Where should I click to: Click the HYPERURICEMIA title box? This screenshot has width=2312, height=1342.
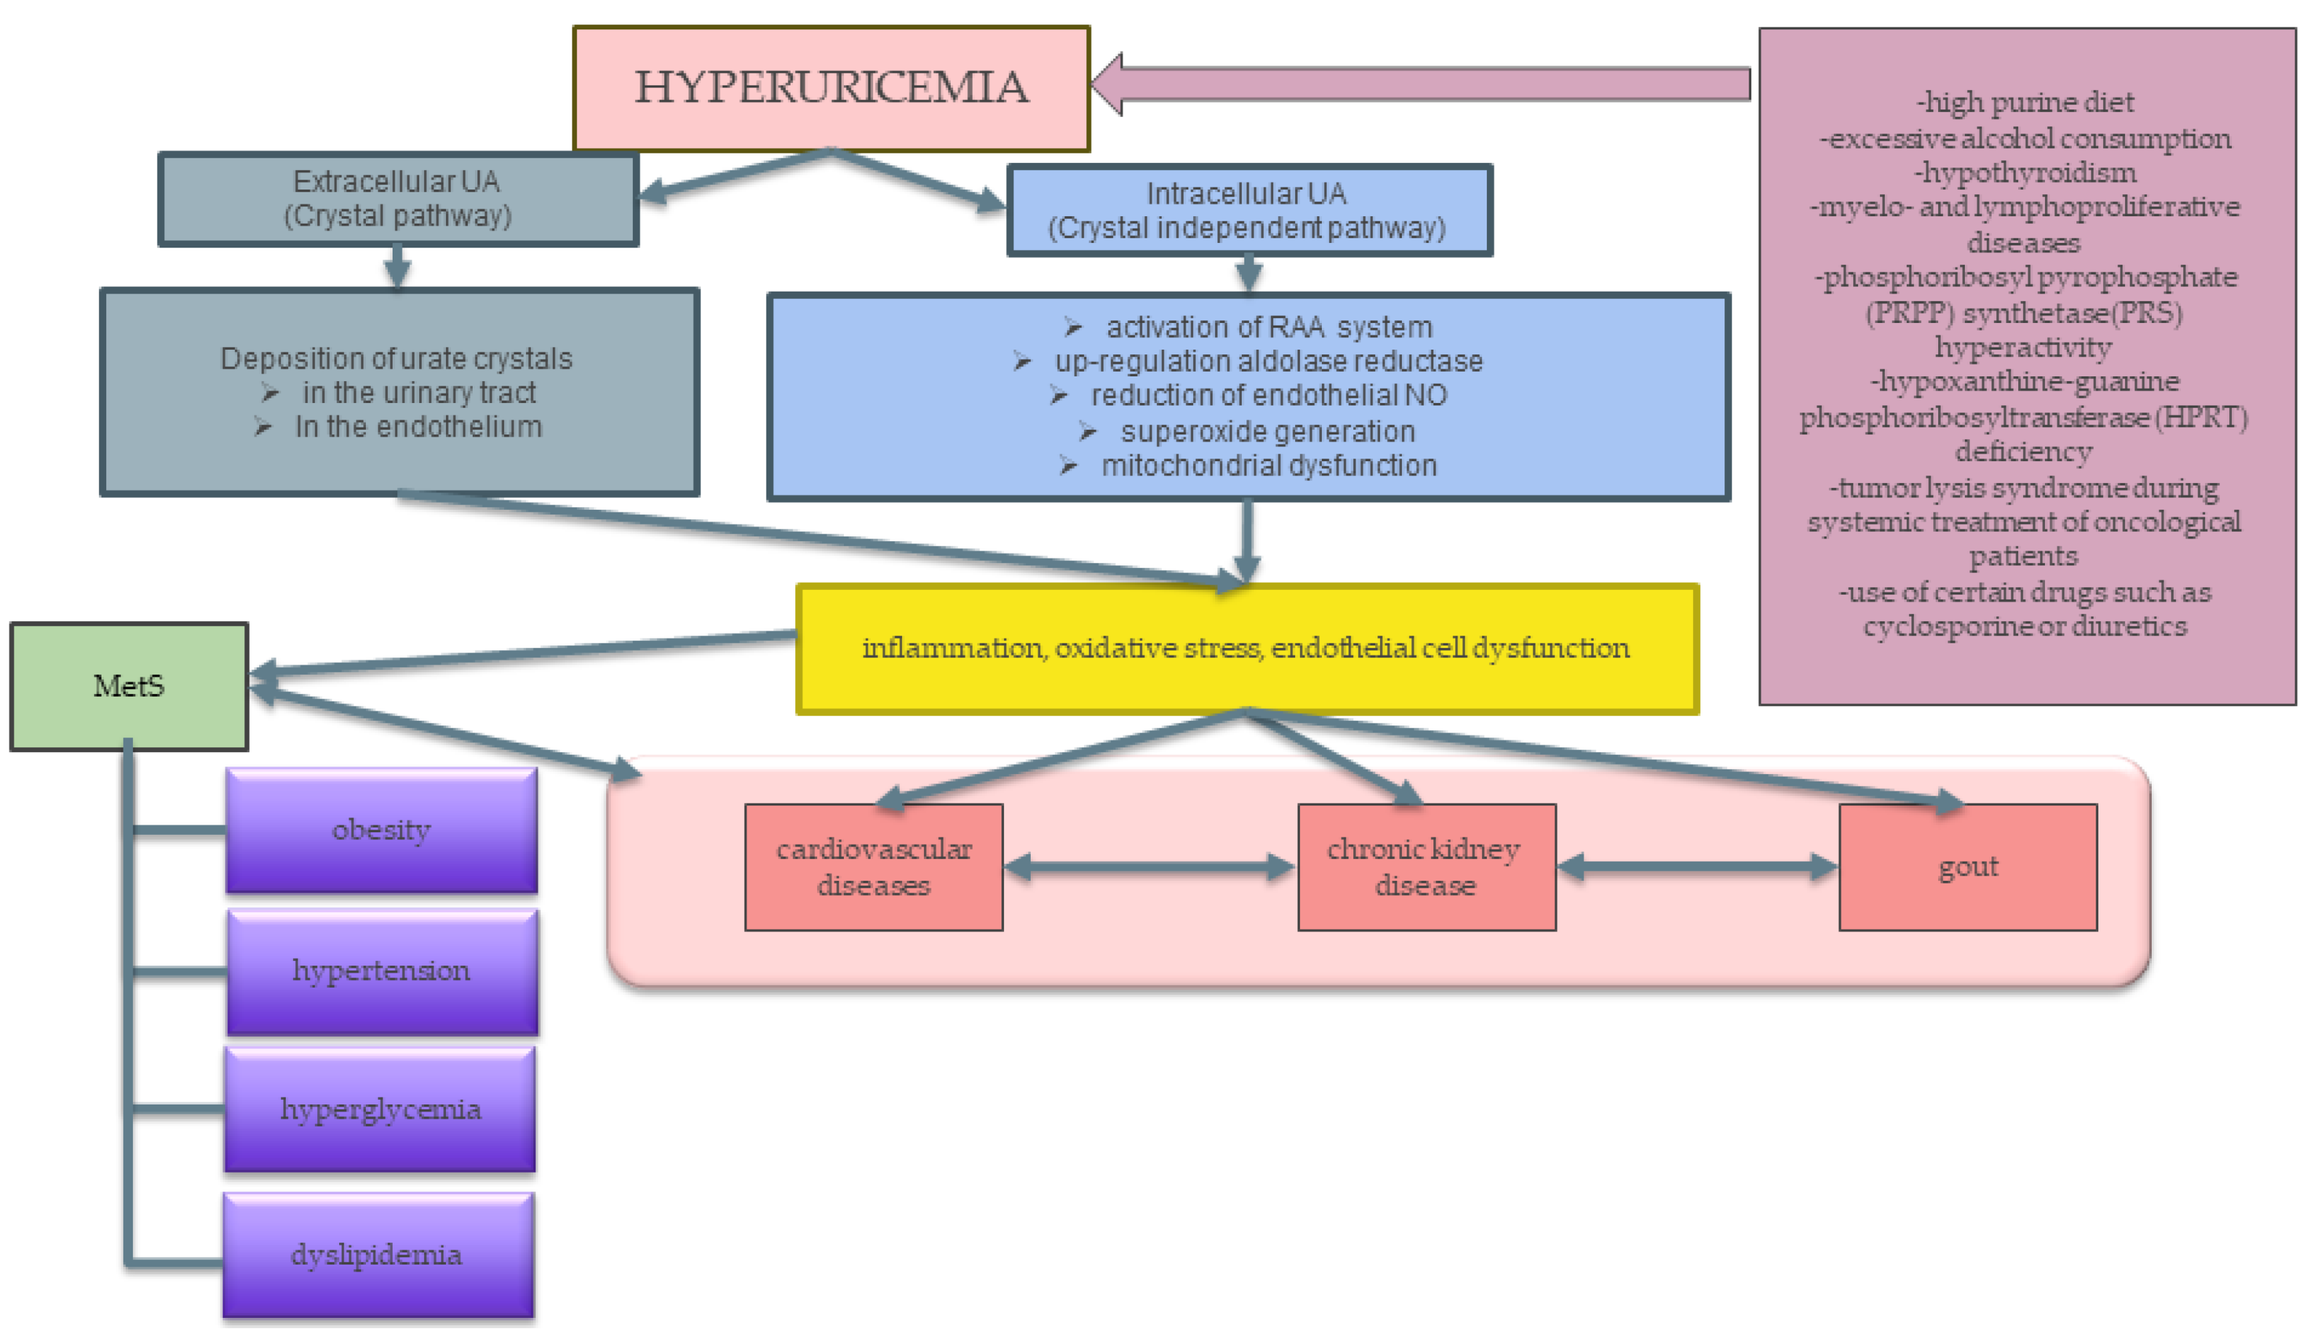831,88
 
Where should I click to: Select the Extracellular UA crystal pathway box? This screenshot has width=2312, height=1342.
397,199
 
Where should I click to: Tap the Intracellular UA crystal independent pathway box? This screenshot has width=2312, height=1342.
1248,211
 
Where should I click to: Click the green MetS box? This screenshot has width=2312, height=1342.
128,686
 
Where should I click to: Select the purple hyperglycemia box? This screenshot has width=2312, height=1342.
380,1110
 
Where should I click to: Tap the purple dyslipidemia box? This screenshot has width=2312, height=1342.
377,1255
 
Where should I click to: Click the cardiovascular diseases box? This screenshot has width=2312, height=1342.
873,867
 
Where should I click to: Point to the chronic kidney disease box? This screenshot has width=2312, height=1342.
1426,867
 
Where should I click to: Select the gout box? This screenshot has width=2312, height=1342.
1967,867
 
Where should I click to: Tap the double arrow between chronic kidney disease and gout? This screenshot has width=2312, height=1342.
1697,867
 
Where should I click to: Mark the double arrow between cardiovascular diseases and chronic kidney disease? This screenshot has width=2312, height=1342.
1150,867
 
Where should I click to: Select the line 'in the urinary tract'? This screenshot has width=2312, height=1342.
419,392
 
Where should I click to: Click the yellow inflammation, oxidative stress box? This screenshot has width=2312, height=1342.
1246,649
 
